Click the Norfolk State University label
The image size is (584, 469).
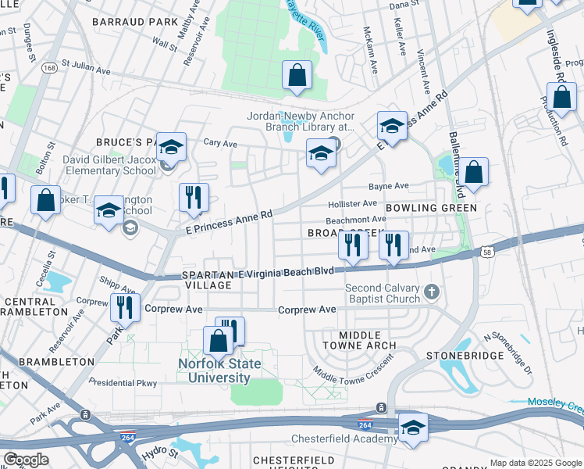point(214,371)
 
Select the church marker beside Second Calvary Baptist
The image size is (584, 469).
point(432,293)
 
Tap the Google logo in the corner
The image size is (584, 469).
point(26,460)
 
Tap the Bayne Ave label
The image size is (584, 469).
point(389,186)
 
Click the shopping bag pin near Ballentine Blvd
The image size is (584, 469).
point(472,174)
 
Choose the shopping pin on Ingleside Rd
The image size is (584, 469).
point(561,99)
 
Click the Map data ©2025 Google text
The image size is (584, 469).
point(536,463)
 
